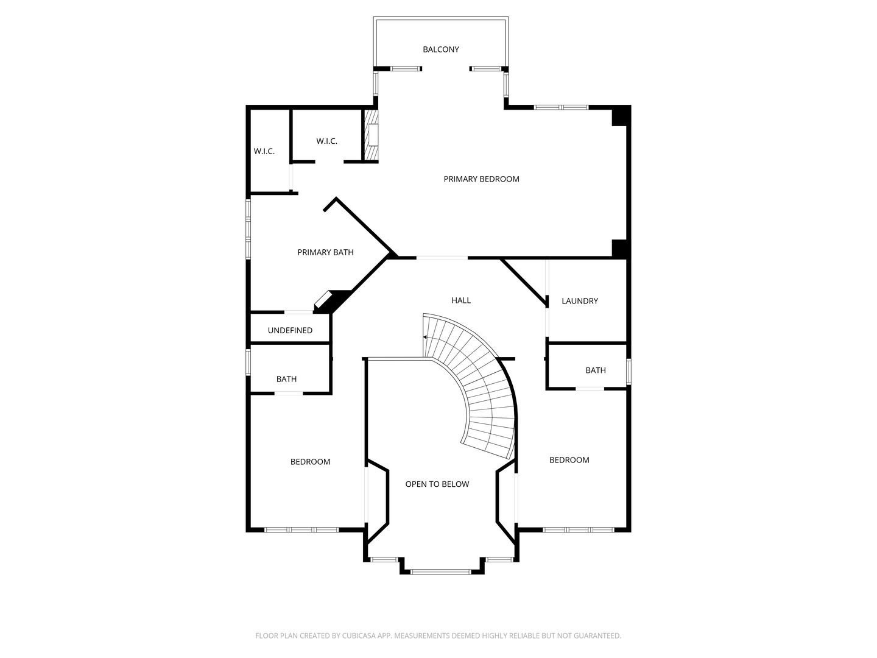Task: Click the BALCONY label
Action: click(x=441, y=49)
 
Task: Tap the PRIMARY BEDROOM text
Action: click(x=481, y=179)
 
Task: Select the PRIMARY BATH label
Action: click(x=325, y=252)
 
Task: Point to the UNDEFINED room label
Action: click(x=290, y=330)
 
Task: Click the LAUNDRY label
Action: click(x=580, y=301)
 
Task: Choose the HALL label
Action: click(x=461, y=300)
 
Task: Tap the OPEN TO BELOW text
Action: click(x=437, y=484)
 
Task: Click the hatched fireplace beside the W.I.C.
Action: click(x=370, y=135)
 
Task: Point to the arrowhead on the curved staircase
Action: click(x=425, y=338)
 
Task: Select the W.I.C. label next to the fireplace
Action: click(x=326, y=141)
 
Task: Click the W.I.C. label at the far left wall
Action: click(x=264, y=152)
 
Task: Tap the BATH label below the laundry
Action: click(x=595, y=370)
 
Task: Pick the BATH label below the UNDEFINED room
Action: click(x=286, y=379)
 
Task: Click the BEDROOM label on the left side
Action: click(x=310, y=462)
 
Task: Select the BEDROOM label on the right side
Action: click(x=569, y=460)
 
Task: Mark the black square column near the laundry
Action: click(x=620, y=249)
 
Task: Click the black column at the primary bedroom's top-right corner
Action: click(x=621, y=116)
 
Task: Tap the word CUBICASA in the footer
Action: click(x=359, y=635)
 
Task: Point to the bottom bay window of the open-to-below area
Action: click(x=441, y=572)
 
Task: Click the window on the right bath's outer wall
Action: click(x=629, y=372)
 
